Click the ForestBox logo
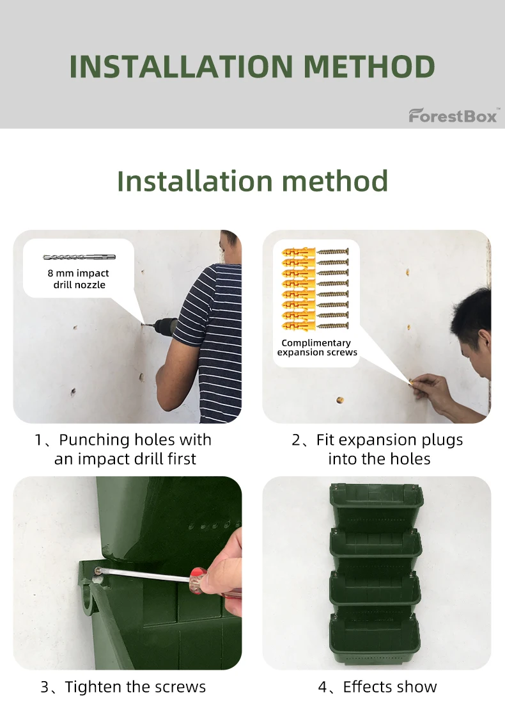453,116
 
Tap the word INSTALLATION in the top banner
180,67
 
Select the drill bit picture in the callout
79,257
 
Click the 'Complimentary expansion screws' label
316,348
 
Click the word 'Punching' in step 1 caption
95,440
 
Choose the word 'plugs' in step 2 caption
440,440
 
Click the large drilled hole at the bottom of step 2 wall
339,401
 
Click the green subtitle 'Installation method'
252,181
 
